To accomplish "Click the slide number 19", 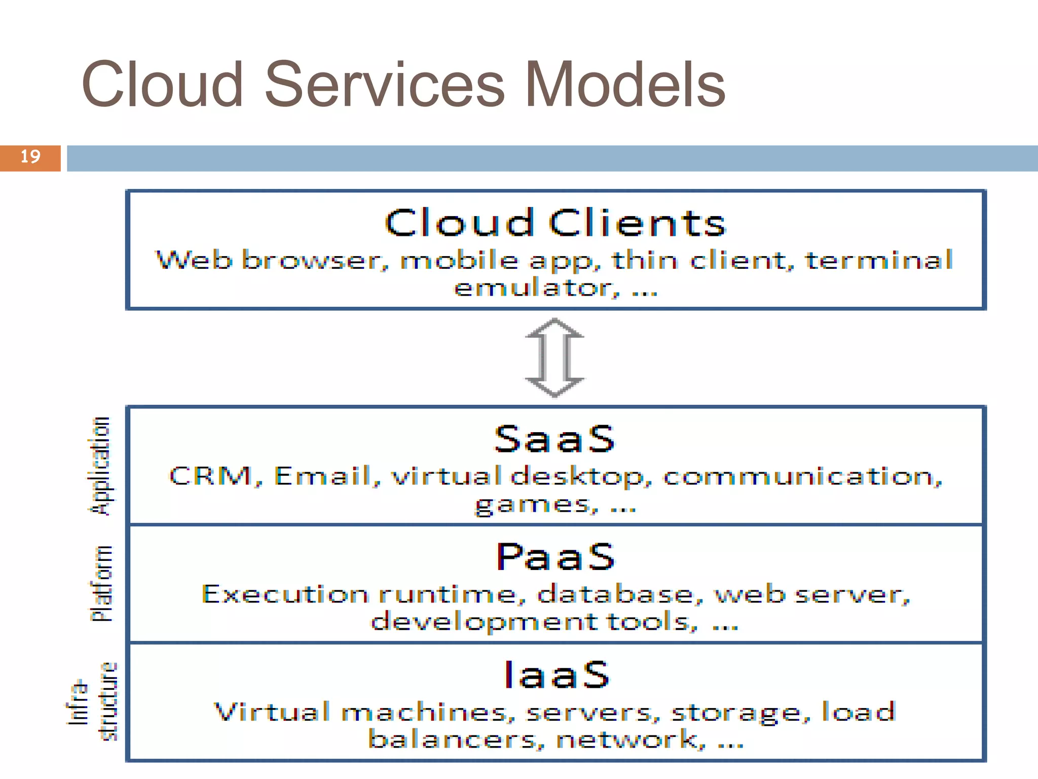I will coord(30,157).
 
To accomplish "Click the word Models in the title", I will coord(624,85).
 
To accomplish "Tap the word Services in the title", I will coord(385,85).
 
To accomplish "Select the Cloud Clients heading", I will coord(555,223).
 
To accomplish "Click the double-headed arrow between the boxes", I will coord(554,357).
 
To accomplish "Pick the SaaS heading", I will coord(554,439).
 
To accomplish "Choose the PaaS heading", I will coord(555,556).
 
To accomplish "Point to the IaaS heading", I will coord(557,675).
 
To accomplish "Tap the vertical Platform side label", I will coord(101,583).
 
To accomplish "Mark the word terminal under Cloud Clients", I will coord(879,260).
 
